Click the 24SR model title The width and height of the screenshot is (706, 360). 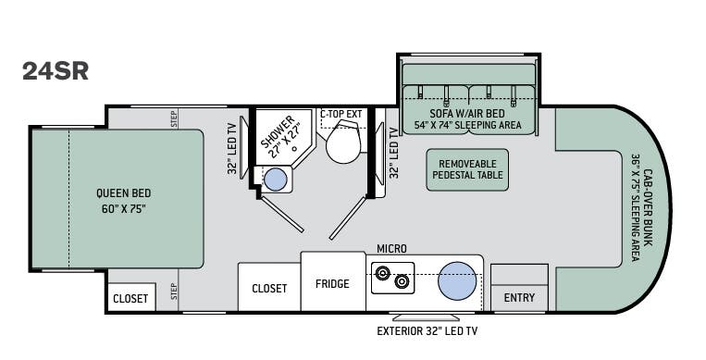tap(56, 70)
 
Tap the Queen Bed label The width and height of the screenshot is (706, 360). tap(123, 193)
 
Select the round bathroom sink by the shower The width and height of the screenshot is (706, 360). tap(276, 180)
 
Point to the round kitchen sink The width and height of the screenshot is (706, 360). tap(457, 280)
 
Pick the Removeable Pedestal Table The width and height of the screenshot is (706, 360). tap(467, 170)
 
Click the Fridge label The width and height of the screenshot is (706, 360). tap(332, 284)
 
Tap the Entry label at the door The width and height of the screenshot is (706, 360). tap(519, 298)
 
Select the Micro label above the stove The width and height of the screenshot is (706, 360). tap(391, 249)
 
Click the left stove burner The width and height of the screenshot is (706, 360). tap(383, 273)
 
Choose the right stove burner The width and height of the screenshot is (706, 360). tap(402, 281)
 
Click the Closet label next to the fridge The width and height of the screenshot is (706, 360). tap(269, 289)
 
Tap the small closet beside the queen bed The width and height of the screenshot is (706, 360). tap(131, 297)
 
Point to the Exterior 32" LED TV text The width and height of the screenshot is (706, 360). tap(427, 331)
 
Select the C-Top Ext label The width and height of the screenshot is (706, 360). tap(341, 114)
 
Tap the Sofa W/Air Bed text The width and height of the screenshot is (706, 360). tap(467, 114)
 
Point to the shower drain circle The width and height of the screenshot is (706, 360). tap(294, 148)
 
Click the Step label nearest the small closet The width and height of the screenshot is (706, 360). tap(174, 292)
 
